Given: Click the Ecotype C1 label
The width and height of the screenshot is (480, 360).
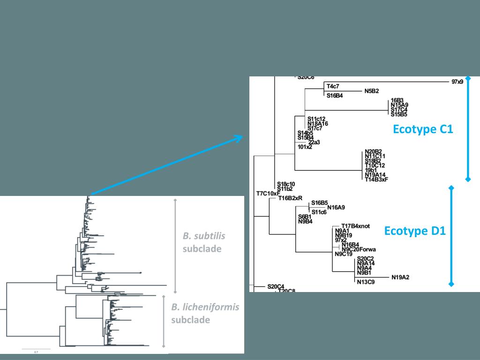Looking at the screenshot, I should coord(423,129).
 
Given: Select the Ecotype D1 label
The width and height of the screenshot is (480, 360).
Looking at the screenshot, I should coord(415,231).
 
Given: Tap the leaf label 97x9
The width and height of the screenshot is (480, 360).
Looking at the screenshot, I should coord(457,82).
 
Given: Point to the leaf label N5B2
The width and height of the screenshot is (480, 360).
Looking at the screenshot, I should coord(371,91).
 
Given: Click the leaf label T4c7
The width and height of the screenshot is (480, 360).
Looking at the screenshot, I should coord(333,87).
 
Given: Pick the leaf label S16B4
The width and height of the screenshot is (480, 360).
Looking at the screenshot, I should coord(335,96).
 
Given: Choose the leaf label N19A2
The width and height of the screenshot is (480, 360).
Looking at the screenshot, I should coord(400,277).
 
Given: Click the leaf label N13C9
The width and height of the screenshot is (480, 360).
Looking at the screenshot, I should coord(366,282).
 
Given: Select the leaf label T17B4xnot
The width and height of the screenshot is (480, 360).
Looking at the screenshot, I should coord(356,226).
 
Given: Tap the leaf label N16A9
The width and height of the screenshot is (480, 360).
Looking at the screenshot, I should coord(336,207).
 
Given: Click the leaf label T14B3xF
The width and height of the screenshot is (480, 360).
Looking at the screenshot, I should coord(376,179).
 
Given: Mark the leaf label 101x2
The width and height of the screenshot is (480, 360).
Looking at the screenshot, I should coord(305,147).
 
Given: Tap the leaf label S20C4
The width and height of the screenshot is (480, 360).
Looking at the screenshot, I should coord(276,286).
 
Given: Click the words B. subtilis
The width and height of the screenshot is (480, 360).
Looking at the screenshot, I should coord(203,236).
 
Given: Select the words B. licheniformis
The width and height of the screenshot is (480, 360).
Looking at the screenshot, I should coord(205,307).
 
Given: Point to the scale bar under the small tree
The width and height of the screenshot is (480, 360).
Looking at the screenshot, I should coord(36,349).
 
